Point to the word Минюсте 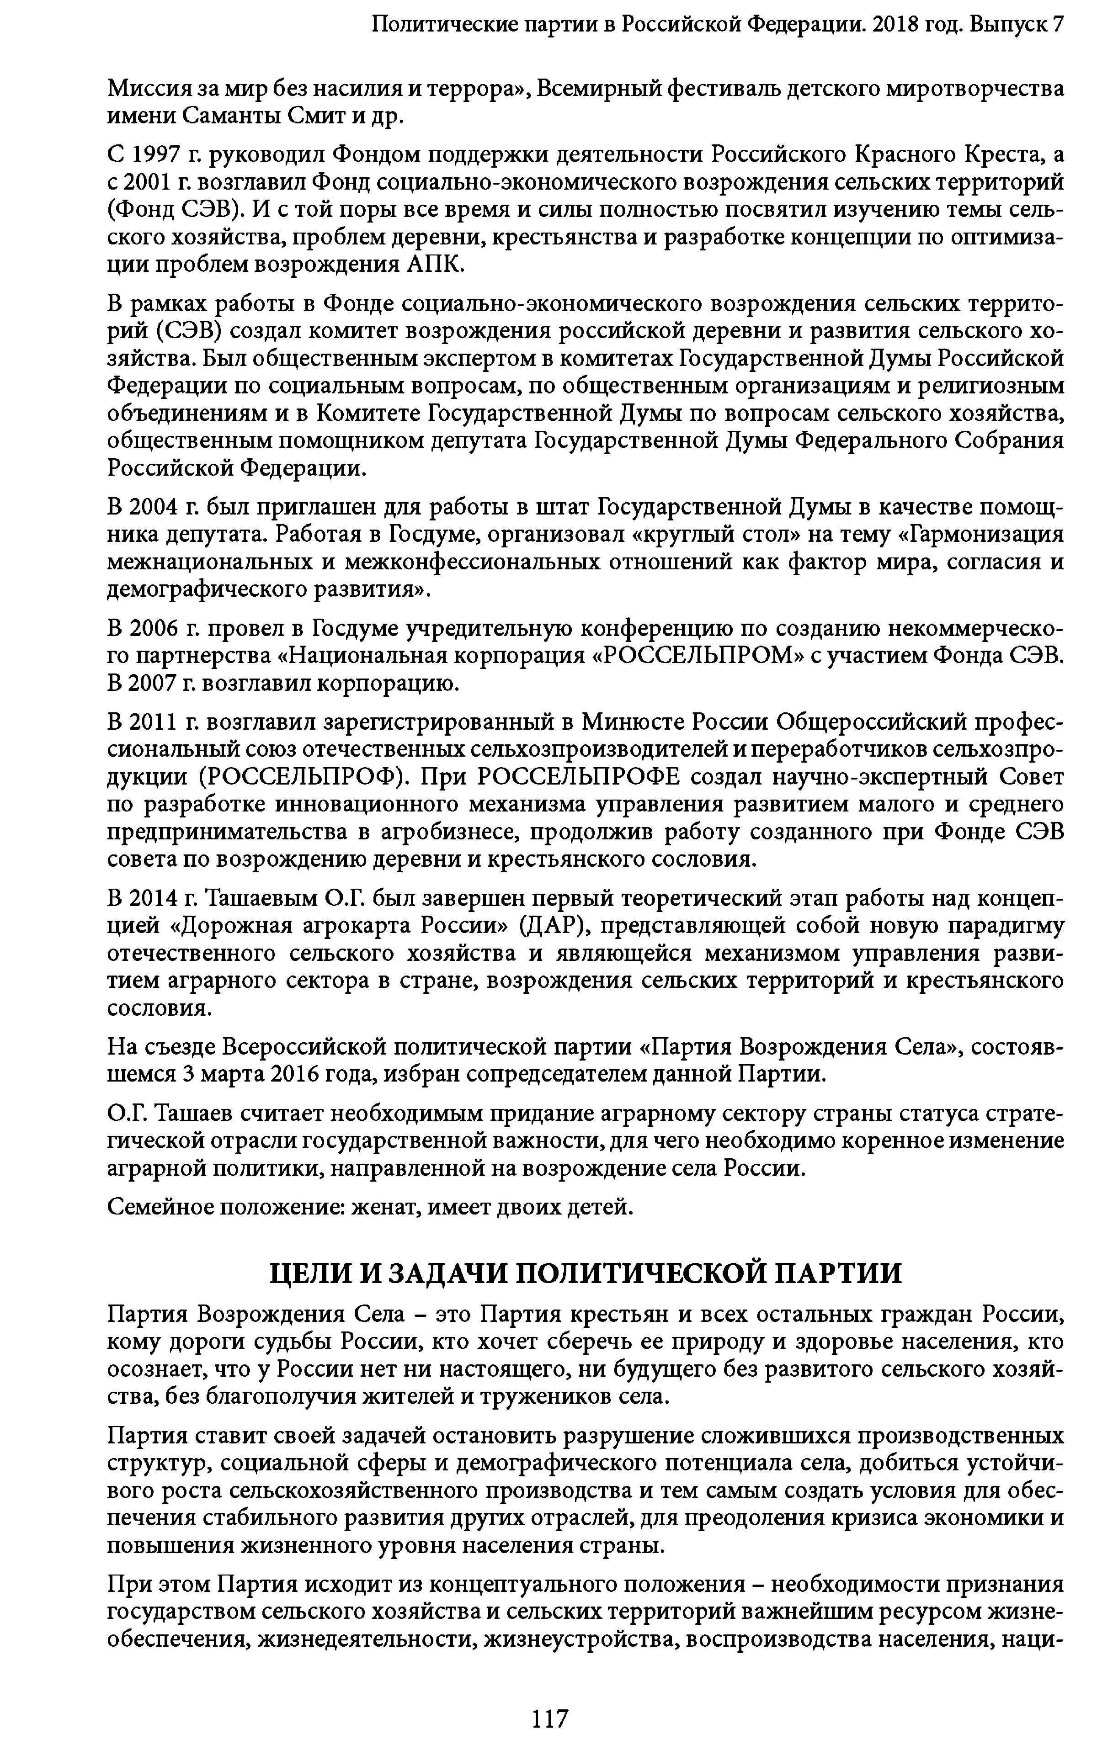point(633,722)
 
